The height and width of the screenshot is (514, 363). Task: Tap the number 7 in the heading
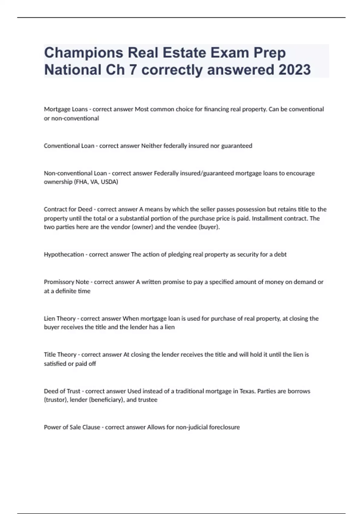click(132, 70)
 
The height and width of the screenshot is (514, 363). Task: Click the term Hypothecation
click(64, 255)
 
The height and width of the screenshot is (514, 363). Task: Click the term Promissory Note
click(66, 282)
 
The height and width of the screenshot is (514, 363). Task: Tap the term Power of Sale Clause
click(72, 427)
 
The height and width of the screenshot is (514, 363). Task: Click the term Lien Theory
click(60, 318)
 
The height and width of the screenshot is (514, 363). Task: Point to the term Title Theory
click(60, 355)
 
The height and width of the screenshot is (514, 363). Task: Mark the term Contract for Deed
click(68, 209)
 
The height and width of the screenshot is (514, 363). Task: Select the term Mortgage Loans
click(66, 109)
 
